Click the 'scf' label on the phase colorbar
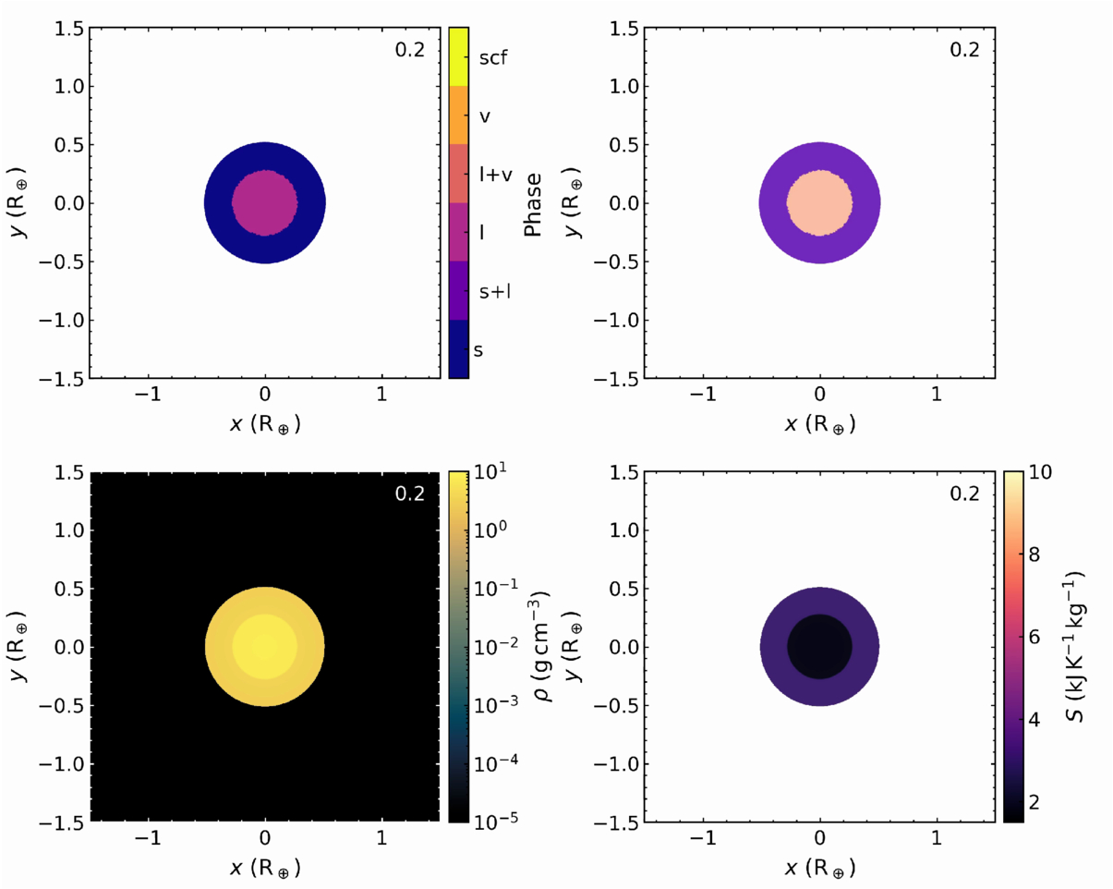pos(493,57)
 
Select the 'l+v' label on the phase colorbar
pos(495,175)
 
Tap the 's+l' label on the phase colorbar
pos(495,291)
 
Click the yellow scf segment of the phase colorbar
pos(459,56)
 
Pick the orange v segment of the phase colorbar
pos(459,115)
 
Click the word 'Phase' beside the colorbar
pos(532,204)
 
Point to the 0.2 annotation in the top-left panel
pos(409,50)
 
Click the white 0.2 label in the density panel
pos(409,493)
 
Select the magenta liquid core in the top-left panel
pos(265,203)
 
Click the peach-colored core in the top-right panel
pos(820,203)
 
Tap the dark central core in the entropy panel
pos(820,647)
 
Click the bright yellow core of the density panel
pos(265,647)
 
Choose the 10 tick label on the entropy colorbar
pos(1040,472)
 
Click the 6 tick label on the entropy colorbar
pos(1034,637)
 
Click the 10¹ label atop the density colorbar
pos(490,471)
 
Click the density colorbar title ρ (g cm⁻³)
pos(541,647)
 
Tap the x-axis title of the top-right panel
pos(820,424)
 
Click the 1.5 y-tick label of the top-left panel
pos(68,29)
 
